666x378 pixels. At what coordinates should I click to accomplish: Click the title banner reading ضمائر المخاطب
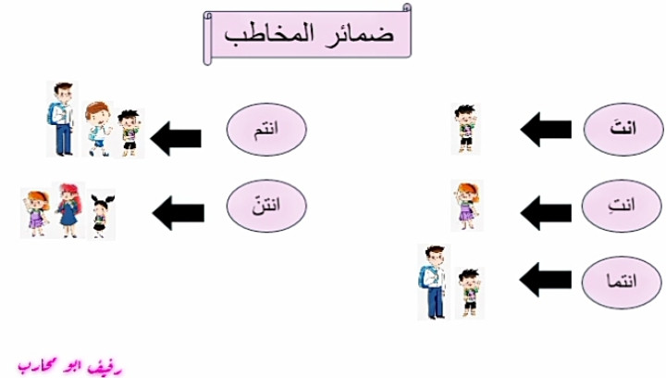(307, 34)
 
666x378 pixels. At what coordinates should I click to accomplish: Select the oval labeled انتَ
(623, 130)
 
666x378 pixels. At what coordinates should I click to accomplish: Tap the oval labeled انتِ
(622, 206)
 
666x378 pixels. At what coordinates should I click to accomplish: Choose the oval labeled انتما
(622, 282)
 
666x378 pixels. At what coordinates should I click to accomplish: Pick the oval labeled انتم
(266, 130)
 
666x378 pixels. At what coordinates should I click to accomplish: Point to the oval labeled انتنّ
(266, 206)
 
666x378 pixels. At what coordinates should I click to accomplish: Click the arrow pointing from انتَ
(546, 130)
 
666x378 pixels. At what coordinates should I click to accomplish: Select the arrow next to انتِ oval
(546, 212)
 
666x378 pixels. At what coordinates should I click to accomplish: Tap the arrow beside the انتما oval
(546, 280)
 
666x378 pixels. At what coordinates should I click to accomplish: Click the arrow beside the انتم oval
(176, 139)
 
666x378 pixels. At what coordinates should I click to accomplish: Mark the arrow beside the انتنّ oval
(178, 212)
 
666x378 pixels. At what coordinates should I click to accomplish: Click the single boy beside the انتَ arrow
(465, 129)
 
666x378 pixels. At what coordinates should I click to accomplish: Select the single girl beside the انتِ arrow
(467, 206)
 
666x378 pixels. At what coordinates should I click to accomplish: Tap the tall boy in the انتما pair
(433, 282)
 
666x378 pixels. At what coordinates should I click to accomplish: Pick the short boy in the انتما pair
(470, 293)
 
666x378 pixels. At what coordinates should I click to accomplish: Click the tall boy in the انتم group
(62, 120)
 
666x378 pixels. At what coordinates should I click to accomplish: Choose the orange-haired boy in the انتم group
(97, 129)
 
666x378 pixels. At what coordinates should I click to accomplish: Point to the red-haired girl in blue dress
(68, 210)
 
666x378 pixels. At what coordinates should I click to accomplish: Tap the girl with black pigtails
(102, 216)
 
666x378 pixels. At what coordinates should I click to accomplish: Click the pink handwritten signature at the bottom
(70, 367)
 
